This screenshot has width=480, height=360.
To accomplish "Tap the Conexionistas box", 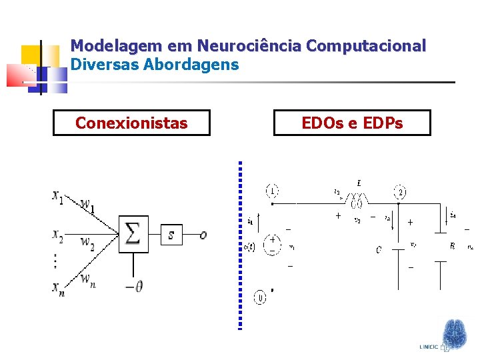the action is click(131, 123).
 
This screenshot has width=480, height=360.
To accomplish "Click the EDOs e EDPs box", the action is click(352, 123).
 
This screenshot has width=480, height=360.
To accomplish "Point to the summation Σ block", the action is click(133, 234).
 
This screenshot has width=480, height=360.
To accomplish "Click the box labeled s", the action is click(171, 235).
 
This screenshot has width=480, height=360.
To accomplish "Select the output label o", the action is click(203, 235).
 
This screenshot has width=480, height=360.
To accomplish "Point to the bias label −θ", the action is click(134, 286).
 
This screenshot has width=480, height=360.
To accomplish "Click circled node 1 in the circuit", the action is click(272, 191).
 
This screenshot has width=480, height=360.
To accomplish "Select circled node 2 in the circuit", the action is click(401, 191).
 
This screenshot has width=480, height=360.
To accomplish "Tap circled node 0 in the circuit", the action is click(261, 297).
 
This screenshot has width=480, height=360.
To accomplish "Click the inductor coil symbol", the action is click(358, 198).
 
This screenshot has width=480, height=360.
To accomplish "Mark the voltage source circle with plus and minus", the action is click(273, 244).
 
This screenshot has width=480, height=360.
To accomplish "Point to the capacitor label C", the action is click(378, 250).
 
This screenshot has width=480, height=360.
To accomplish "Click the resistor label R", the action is click(453, 246).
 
